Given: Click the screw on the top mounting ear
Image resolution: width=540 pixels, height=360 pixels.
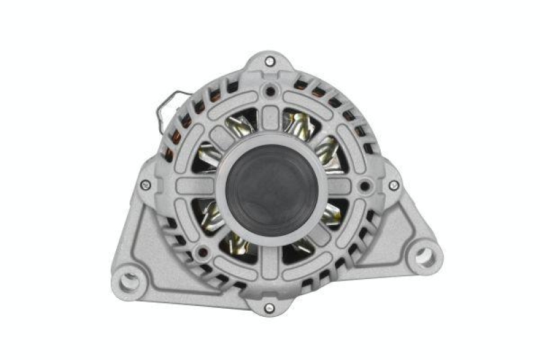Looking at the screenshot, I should click(x=270, y=61).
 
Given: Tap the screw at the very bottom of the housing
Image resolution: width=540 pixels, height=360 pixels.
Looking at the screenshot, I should click(x=270, y=308).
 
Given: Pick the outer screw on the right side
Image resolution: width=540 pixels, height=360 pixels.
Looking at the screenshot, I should click(x=394, y=184).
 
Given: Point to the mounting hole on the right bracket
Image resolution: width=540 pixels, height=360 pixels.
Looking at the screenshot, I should click(x=424, y=255).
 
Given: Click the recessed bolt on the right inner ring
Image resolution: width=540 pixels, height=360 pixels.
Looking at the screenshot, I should click(x=365, y=184).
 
